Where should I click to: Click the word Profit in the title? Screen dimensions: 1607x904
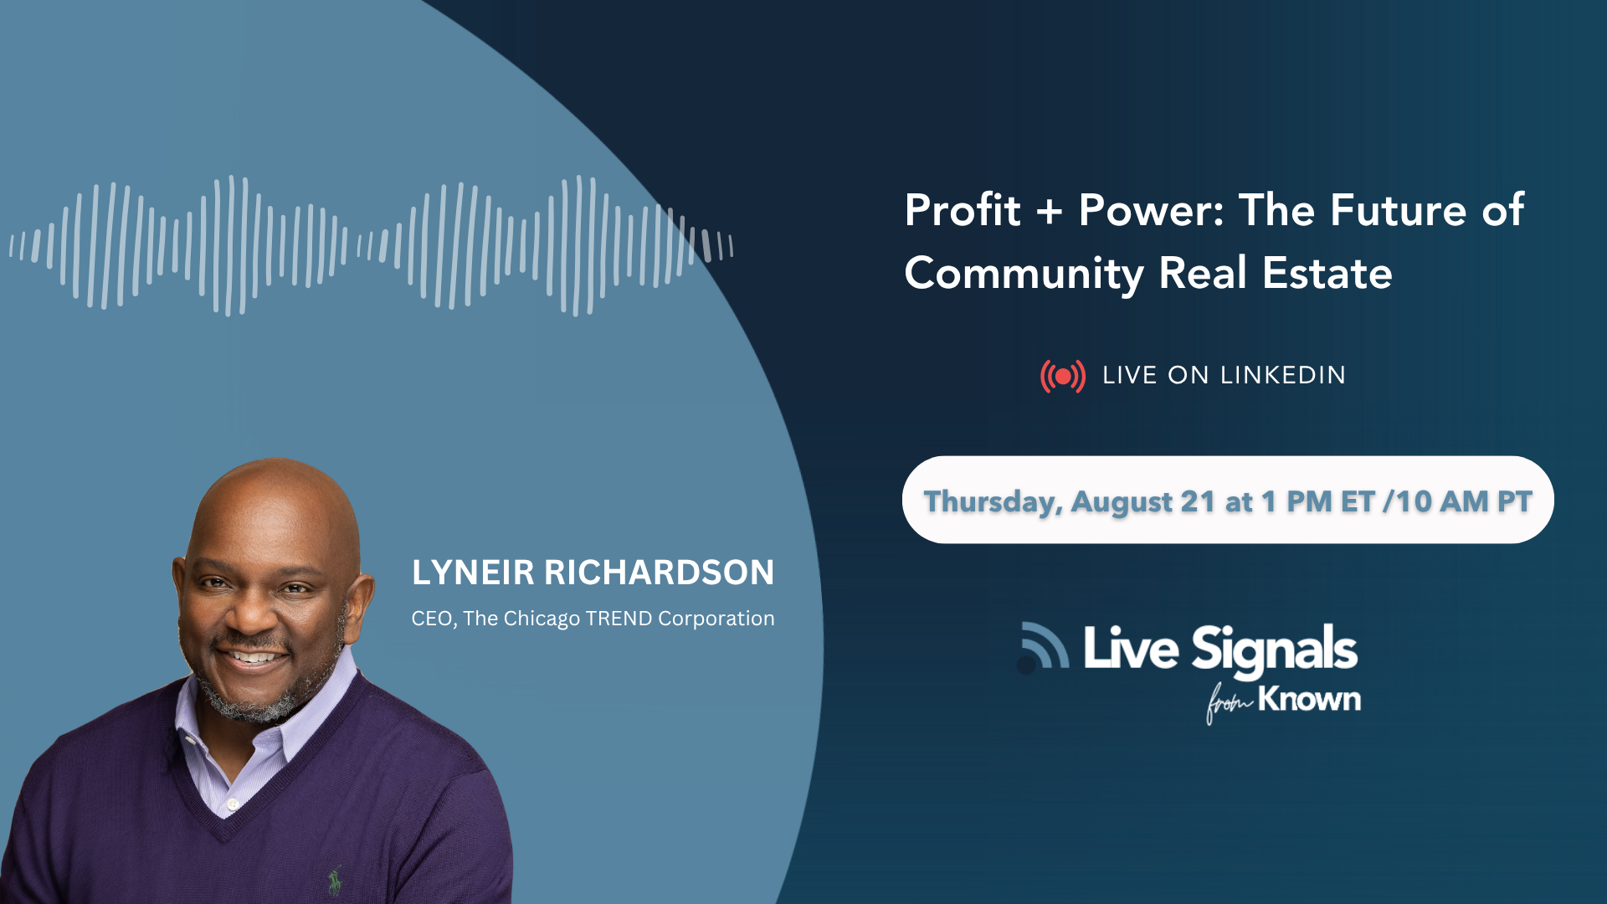[963, 209]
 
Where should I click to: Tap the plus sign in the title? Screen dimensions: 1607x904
[1049, 212]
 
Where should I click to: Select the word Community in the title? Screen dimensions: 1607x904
[1024, 275]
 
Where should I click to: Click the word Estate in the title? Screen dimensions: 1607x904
[1327, 273]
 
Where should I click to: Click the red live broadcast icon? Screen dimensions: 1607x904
[1063, 377]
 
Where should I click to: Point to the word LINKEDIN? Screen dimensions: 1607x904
[1283, 375]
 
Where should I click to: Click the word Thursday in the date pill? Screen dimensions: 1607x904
[993, 502]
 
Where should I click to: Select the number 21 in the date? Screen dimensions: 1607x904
[1198, 501]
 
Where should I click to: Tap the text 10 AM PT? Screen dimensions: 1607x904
[1464, 501]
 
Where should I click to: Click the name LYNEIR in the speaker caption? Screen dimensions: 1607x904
[473, 573]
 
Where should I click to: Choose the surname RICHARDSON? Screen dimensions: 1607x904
[660, 573]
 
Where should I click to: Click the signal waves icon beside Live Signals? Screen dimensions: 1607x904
[1044, 647]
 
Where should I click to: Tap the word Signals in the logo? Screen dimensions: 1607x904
[1275, 650]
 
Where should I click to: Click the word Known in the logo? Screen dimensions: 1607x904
[1310, 699]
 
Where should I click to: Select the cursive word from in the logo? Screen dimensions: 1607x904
[1228, 704]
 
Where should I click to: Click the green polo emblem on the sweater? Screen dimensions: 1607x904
[336, 880]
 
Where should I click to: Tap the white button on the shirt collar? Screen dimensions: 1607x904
[233, 804]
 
